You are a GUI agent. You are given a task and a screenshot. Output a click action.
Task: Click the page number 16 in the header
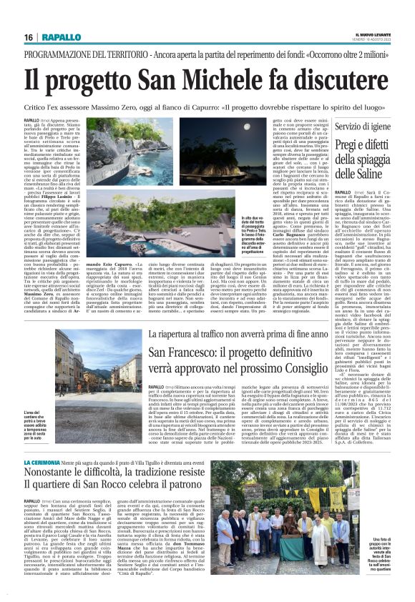(x=28, y=37)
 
